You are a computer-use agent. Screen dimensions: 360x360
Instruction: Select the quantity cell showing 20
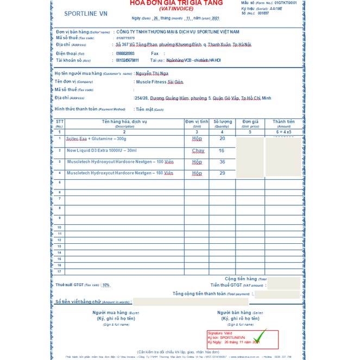[x=222, y=138]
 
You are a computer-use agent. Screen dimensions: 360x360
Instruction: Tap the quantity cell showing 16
[x=222, y=150]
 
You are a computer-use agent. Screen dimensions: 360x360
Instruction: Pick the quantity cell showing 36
[x=222, y=162]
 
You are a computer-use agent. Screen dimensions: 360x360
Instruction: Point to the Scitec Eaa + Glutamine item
[x=96, y=139]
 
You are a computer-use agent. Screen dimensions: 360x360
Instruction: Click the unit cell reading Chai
[x=198, y=151]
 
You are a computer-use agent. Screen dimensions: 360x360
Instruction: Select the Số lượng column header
[x=222, y=123]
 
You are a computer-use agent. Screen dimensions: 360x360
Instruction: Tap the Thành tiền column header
[x=283, y=123]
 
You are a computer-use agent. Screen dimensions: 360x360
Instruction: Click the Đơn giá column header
[x=250, y=123]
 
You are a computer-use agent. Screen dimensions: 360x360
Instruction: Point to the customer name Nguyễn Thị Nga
[x=152, y=73]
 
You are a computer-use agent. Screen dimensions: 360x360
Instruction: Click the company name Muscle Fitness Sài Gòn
[x=160, y=81]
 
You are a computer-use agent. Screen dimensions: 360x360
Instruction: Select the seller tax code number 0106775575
[x=125, y=38]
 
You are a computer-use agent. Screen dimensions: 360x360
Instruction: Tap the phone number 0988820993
[x=125, y=53]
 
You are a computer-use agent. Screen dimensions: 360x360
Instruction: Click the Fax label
[x=155, y=53]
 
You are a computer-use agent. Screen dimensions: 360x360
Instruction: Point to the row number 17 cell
[x=59, y=271]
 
